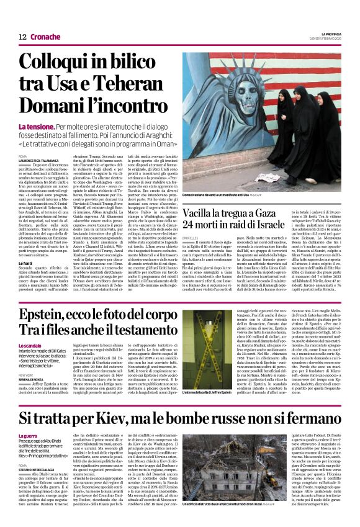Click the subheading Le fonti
click(28, 245)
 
